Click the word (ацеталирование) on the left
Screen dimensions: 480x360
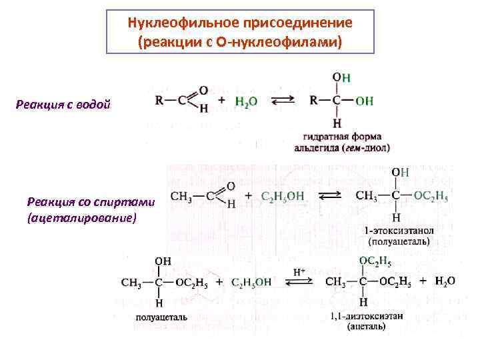(82, 218)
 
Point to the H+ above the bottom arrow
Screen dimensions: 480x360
(299, 272)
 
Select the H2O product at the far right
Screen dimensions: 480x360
(445, 281)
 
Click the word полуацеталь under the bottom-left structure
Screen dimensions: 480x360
(164, 317)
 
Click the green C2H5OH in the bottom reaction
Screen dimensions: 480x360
(251, 282)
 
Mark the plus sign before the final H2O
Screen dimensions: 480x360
(423, 281)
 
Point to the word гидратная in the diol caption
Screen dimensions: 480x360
(317, 137)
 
